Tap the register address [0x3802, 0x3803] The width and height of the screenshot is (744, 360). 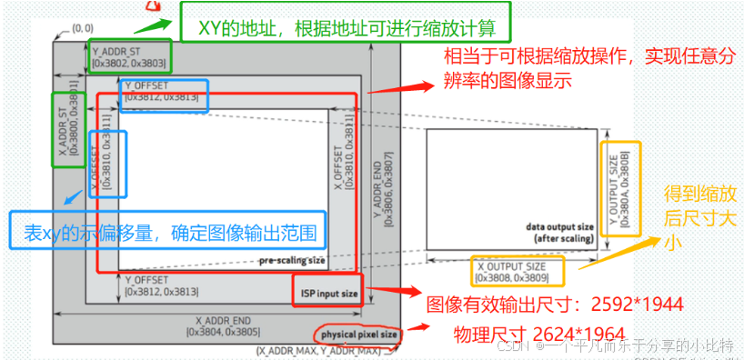[128, 64]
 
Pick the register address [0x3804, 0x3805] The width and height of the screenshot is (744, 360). [222, 332]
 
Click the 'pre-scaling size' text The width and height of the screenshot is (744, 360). [292, 260]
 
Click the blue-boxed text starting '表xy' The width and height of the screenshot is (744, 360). [167, 232]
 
